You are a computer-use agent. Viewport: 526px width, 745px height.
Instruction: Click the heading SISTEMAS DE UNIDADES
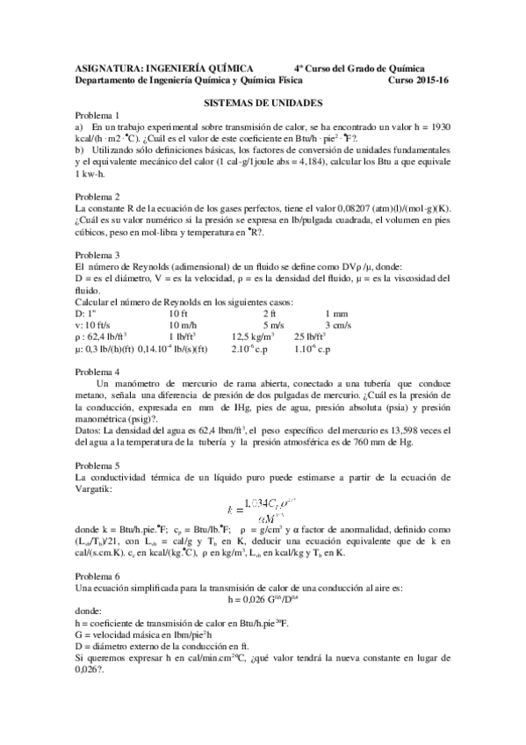coord(263,103)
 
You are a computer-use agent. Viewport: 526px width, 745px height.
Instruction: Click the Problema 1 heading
coord(98,115)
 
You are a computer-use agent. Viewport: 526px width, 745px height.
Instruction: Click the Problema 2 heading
coord(98,196)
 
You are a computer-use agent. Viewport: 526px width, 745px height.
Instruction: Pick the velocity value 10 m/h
coord(186,324)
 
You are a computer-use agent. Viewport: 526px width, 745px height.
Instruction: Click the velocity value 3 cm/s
coord(338,324)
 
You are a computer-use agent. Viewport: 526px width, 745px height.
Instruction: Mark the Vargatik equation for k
coord(263,510)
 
